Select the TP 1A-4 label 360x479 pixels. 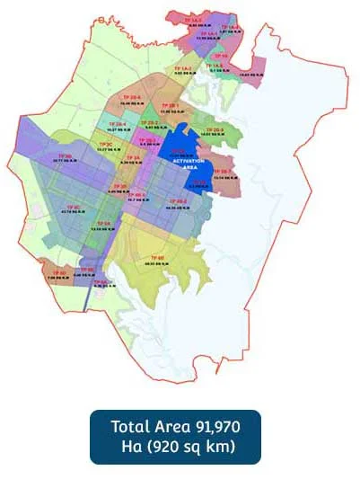[231, 28]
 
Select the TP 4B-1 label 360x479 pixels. [137, 195]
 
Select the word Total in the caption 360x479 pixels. [130, 426]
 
